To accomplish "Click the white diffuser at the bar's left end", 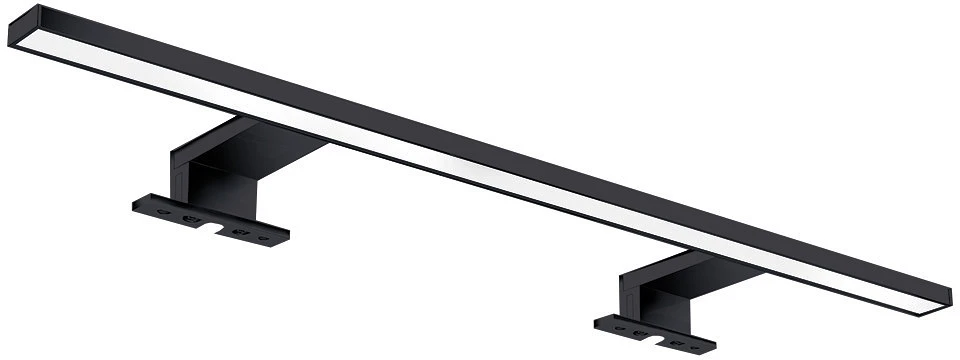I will tap(60, 55).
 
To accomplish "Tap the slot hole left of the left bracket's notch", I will tap(190, 218).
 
